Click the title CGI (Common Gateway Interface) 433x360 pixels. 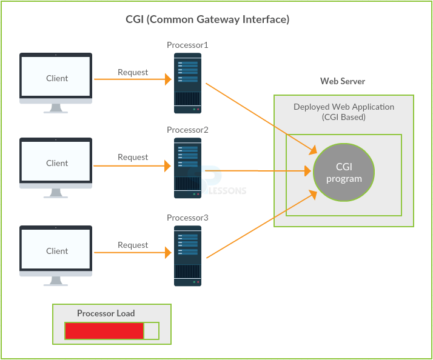[x=207, y=19]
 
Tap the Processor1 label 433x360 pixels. [x=187, y=45]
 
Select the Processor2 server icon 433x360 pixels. [x=187, y=168]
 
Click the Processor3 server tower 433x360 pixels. [x=187, y=256]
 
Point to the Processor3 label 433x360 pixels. [x=187, y=218]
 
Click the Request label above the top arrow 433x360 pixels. [x=133, y=72]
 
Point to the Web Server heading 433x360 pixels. [x=343, y=81]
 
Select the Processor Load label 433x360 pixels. [x=106, y=313]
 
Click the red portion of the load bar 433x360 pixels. [x=104, y=331]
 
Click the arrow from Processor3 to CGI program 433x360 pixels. [x=261, y=225]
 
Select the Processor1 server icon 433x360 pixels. [x=187, y=83]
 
